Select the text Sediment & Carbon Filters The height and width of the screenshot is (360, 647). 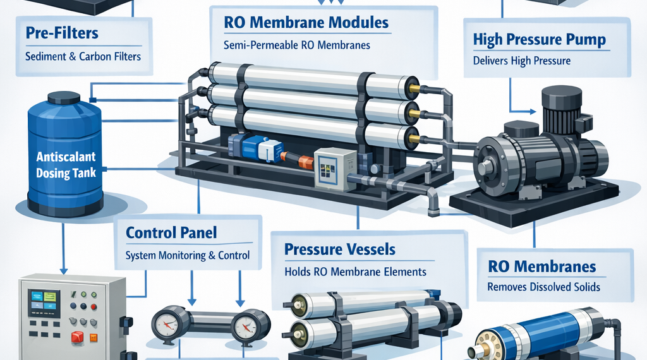pyautogui.click(x=83, y=57)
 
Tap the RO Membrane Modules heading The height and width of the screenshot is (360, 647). pyautogui.click(x=306, y=23)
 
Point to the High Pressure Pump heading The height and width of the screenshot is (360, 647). pyautogui.click(x=540, y=40)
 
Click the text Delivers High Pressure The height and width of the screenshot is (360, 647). pyautogui.click(x=522, y=61)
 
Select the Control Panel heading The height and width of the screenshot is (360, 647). pyautogui.click(x=171, y=232)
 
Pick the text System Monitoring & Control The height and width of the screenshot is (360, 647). pyautogui.click(x=188, y=256)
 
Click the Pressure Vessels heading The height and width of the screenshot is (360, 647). pyautogui.click(x=340, y=249)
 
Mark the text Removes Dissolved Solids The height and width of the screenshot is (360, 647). pyautogui.click(x=543, y=287)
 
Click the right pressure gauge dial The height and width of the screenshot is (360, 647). pyautogui.click(x=245, y=327)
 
